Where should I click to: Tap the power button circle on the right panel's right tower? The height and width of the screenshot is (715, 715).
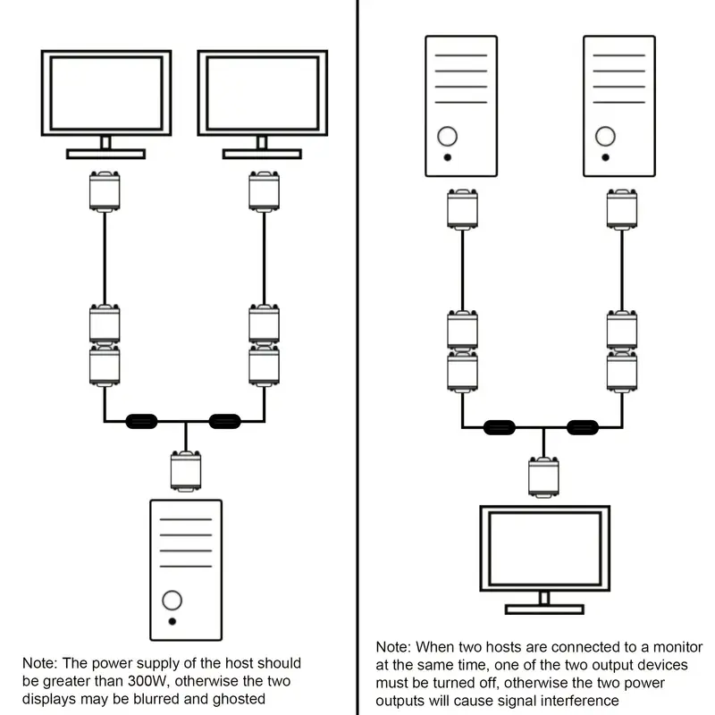pos(606,137)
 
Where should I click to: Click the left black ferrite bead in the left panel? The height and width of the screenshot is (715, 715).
pos(141,420)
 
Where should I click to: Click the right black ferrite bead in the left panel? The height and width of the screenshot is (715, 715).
pos(224,420)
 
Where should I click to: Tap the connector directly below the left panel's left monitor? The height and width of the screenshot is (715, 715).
pos(105,190)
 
